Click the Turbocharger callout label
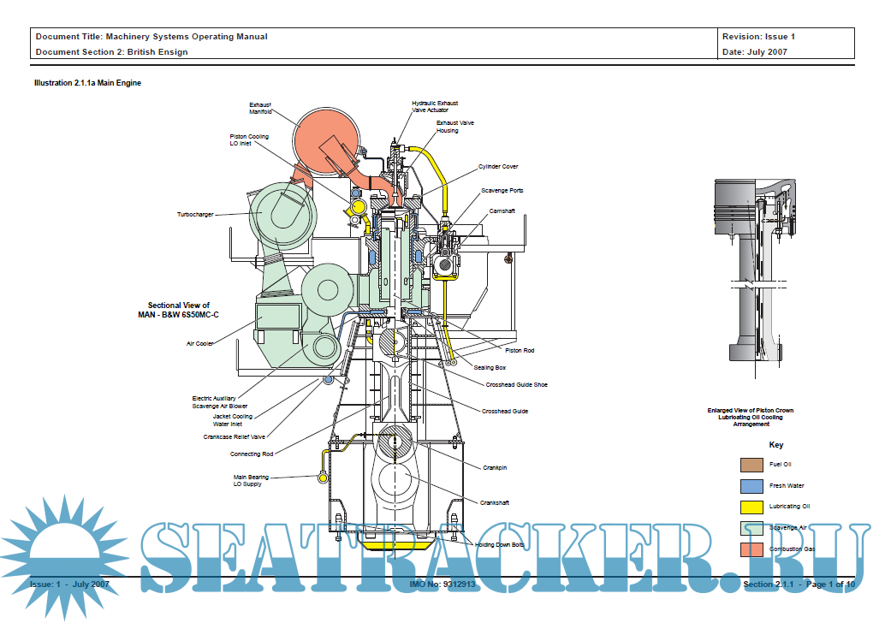(x=195, y=214)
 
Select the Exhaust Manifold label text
(x=260, y=108)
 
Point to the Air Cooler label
(x=200, y=344)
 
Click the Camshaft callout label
(x=502, y=211)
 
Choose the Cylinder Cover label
(x=498, y=167)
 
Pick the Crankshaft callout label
(x=495, y=502)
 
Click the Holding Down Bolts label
(x=500, y=544)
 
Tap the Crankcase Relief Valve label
(x=235, y=436)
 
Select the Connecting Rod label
(x=252, y=454)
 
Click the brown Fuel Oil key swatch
(x=751, y=465)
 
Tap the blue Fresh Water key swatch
(x=751, y=486)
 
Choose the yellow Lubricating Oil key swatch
(x=751, y=507)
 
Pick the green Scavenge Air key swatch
(x=751, y=528)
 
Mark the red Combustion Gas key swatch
(x=751, y=549)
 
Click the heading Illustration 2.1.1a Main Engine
(x=87, y=83)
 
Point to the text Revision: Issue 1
(x=758, y=37)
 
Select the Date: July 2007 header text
(x=755, y=51)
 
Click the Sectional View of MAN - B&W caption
(x=179, y=310)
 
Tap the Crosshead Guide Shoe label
(x=516, y=385)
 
